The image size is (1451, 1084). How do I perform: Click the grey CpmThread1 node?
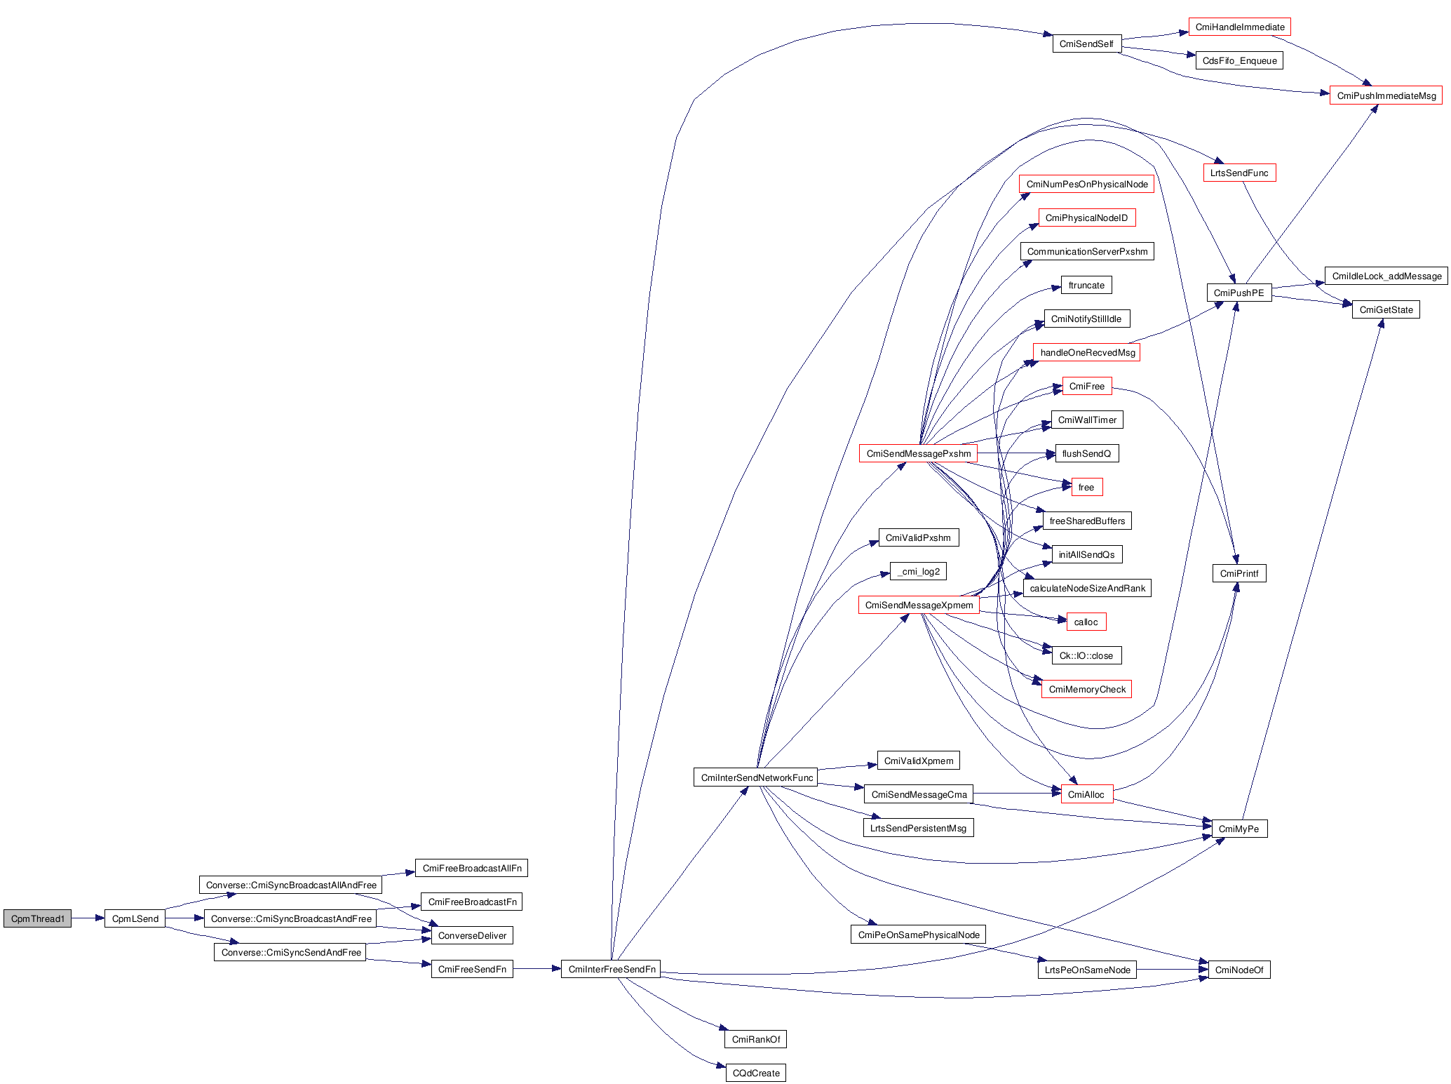pyautogui.click(x=37, y=918)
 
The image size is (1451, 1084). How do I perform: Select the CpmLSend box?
pyautogui.click(x=135, y=918)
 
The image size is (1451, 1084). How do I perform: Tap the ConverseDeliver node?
pyautogui.click(x=472, y=935)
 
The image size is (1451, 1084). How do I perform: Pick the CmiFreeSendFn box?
pyautogui.click(x=472, y=969)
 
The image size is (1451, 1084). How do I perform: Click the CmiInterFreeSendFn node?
pyautogui.click(x=612, y=969)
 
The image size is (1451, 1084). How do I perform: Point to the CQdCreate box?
pyautogui.click(x=755, y=1073)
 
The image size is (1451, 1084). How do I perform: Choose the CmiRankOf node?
pyautogui.click(x=755, y=1039)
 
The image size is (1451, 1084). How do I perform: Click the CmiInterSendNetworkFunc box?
pyautogui.click(x=757, y=777)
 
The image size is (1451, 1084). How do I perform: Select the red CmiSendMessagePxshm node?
pyautogui.click(x=918, y=453)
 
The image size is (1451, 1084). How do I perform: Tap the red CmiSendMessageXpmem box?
pyautogui.click(x=919, y=605)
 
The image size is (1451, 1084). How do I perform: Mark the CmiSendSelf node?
pyautogui.click(x=1086, y=44)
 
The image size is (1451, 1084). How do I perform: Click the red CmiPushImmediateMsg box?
pyautogui.click(x=1386, y=95)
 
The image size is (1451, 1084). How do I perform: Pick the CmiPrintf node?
pyautogui.click(x=1239, y=573)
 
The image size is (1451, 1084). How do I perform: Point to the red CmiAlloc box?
pyautogui.click(x=1086, y=794)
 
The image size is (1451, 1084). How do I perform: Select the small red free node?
pyautogui.click(x=1086, y=487)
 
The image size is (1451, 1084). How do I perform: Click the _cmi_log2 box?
pyautogui.click(x=919, y=571)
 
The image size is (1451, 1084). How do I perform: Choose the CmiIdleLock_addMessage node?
pyautogui.click(x=1386, y=276)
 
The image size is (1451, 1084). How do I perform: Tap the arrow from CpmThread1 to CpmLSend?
pyautogui.click(x=88, y=918)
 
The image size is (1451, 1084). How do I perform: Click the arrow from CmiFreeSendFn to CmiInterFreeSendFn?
pyautogui.click(x=536, y=969)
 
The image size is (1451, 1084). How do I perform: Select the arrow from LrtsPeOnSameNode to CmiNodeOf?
pyautogui.click(x=1171, y=970)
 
